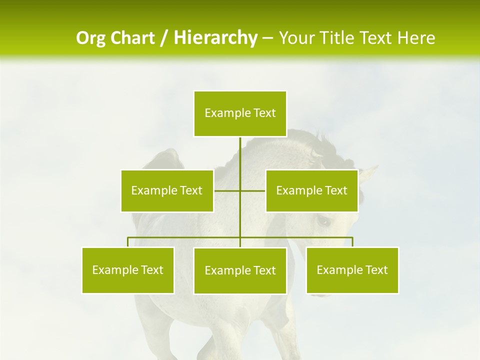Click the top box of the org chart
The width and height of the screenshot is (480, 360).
click(x=240, y=113)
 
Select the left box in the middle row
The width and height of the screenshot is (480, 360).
click(x=167, y=190)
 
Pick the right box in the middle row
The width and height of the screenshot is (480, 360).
click(x=311, y=190)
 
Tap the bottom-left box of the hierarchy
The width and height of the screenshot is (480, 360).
click(x=128, y=270)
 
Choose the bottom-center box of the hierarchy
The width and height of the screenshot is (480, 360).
click(x=240, y=270)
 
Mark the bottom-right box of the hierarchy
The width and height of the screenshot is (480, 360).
click(x=352, y=270)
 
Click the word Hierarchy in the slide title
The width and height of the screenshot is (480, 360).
click(x=215, y=38)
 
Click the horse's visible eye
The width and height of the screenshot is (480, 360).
click(x=323, y=220)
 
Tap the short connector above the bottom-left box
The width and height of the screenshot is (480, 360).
click(x=128, y=242)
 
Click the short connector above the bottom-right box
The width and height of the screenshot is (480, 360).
click(x=352, y=242)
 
